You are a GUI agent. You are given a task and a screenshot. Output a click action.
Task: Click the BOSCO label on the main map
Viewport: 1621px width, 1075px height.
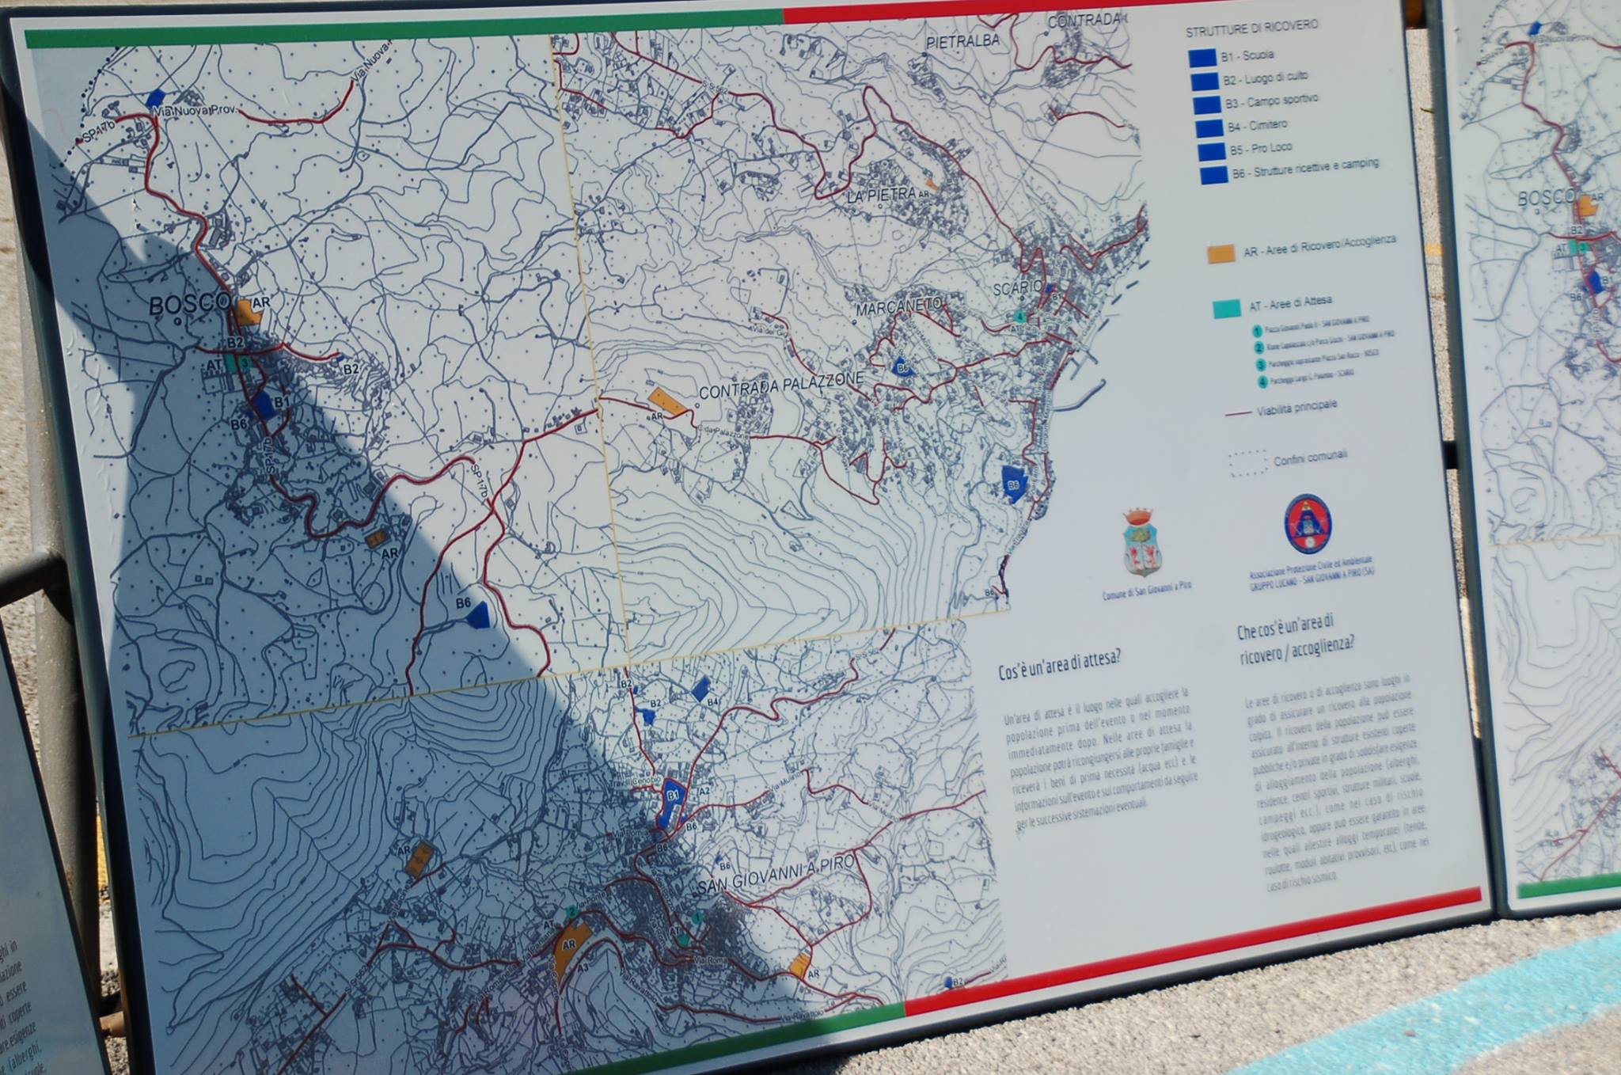pyautogui.click(x=189, y=304)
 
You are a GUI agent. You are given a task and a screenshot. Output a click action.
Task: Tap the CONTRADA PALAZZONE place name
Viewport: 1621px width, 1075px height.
pyautogui.click(x=780, y=386)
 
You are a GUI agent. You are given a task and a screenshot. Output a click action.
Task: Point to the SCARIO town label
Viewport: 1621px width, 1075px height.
pyautogui.click(x=1018, y=287)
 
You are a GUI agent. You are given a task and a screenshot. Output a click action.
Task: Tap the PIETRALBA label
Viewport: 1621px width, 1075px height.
pyautogui.click(x=962, y=41)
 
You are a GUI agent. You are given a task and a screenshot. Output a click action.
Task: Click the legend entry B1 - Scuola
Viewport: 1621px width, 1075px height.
pyautogui.click(x=1247, y=55)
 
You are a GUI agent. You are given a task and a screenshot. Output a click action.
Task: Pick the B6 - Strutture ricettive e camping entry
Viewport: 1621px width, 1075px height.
pyautogui.click(x=1304, y=168)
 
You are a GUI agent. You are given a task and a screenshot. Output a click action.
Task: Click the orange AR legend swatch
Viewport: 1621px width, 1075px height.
pyautogui.click(x=1220, y=253)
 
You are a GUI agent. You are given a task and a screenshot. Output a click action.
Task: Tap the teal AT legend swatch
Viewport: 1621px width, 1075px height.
pyautogui.click(x=1227, y=308)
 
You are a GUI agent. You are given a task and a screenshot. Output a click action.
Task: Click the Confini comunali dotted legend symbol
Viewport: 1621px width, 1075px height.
pyautogui.click(x=1247, y=463)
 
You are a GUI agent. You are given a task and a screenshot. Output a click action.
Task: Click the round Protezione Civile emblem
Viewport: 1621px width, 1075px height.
pyautogui.click(x=1308, y=524)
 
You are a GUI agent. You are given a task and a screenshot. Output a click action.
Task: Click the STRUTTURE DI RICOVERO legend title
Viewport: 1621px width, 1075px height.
pyautogui.click(x=1251, y=28)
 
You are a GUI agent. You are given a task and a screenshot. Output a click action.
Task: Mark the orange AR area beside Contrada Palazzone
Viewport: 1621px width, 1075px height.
pyautogui.click(x=667, y=401)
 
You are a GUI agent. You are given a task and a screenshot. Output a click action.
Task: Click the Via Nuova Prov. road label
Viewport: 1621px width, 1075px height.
pyautogui.click(x=195, y=111)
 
